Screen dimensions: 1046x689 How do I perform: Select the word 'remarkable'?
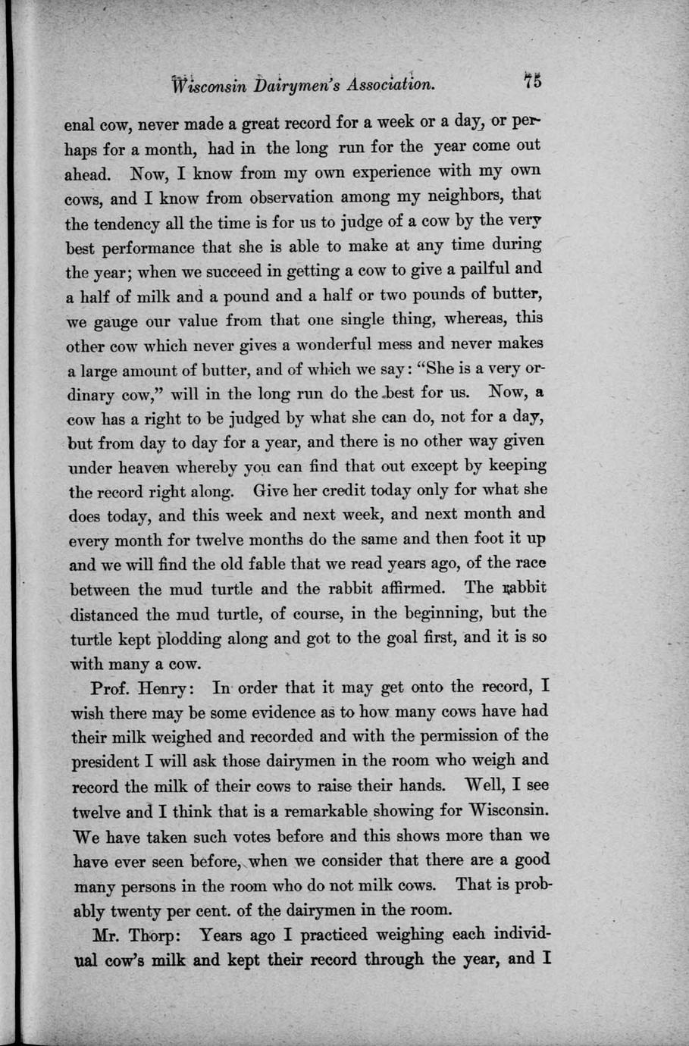[323, 810]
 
